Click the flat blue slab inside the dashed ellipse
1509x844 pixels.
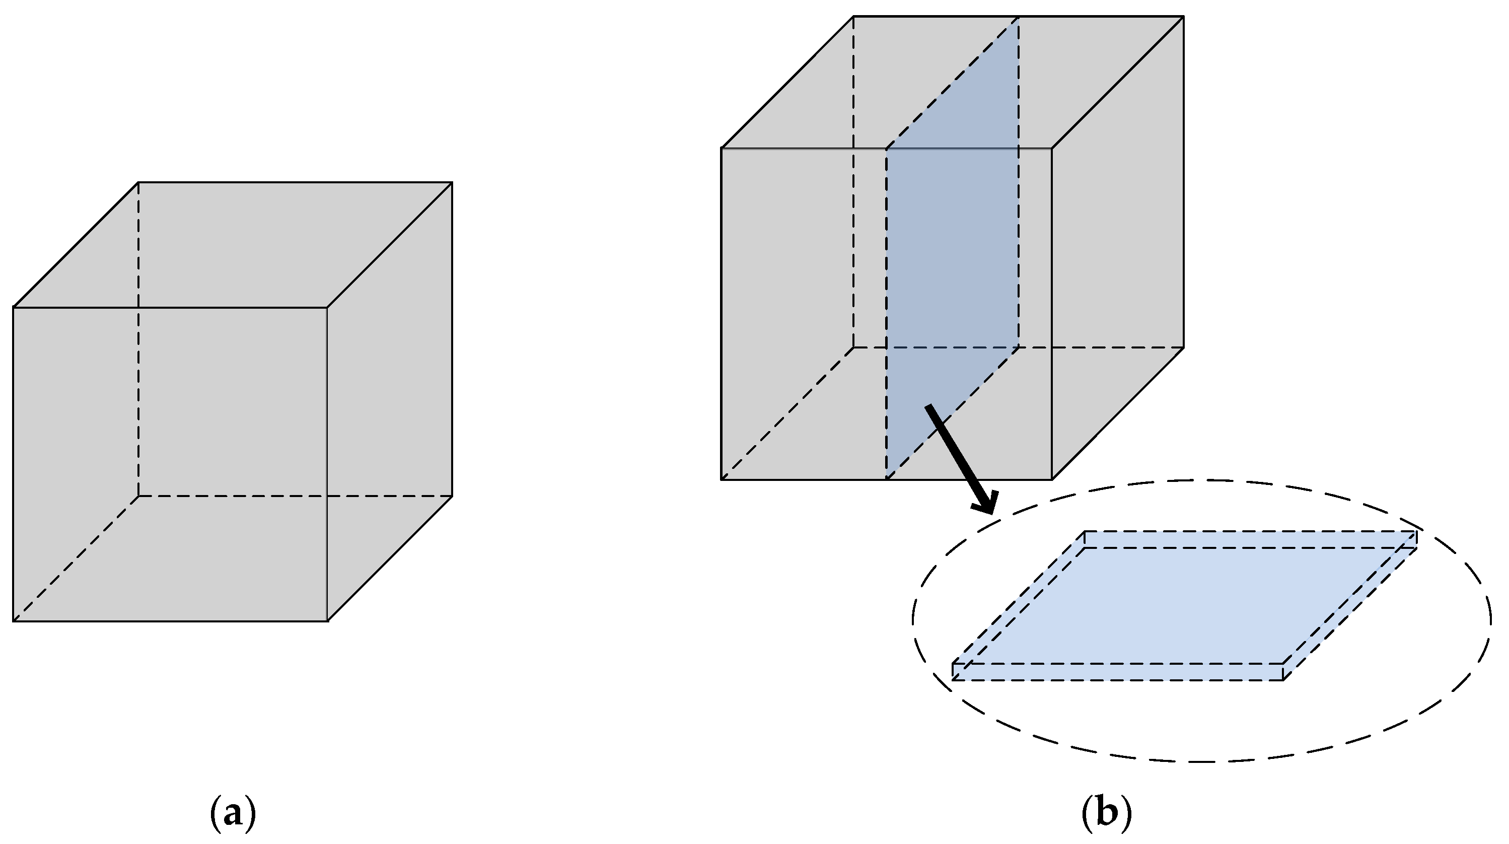click(x=1183, y=606)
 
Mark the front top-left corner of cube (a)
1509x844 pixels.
click(x=14, y=307)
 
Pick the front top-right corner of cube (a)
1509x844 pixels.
click(x=327, y=307)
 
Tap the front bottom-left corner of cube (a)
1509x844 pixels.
click(x=14, y=620)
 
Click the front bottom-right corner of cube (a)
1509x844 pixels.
click(x=327, y=620)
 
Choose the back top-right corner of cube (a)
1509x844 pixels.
click(x=452, y=183)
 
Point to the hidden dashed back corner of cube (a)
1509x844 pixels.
click(x=139, y=496)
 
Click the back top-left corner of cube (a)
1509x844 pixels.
click(x=139, y=183)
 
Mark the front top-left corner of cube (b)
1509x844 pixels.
click(x=722, y=149)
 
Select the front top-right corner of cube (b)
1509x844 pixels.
click(x=1052, y=149)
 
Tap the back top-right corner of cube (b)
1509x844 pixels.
click(x=1183, y=17)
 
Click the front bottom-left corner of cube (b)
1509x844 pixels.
click(x=722, y=479)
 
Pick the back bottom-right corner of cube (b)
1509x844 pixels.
click(x=1183, y=347)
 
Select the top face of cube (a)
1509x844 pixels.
click(x=234, y=245)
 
